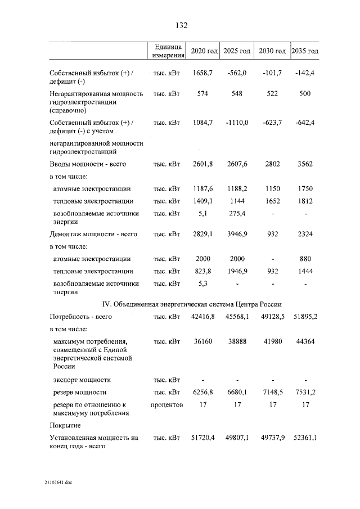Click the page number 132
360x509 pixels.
181,26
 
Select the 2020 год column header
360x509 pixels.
204,51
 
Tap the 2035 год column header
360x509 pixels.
305,51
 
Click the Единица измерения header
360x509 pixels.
166,51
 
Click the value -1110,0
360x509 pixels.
237,123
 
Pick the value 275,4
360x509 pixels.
237,214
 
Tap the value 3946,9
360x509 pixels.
237,234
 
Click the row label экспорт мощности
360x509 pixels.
82,380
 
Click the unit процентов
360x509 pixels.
166,404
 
